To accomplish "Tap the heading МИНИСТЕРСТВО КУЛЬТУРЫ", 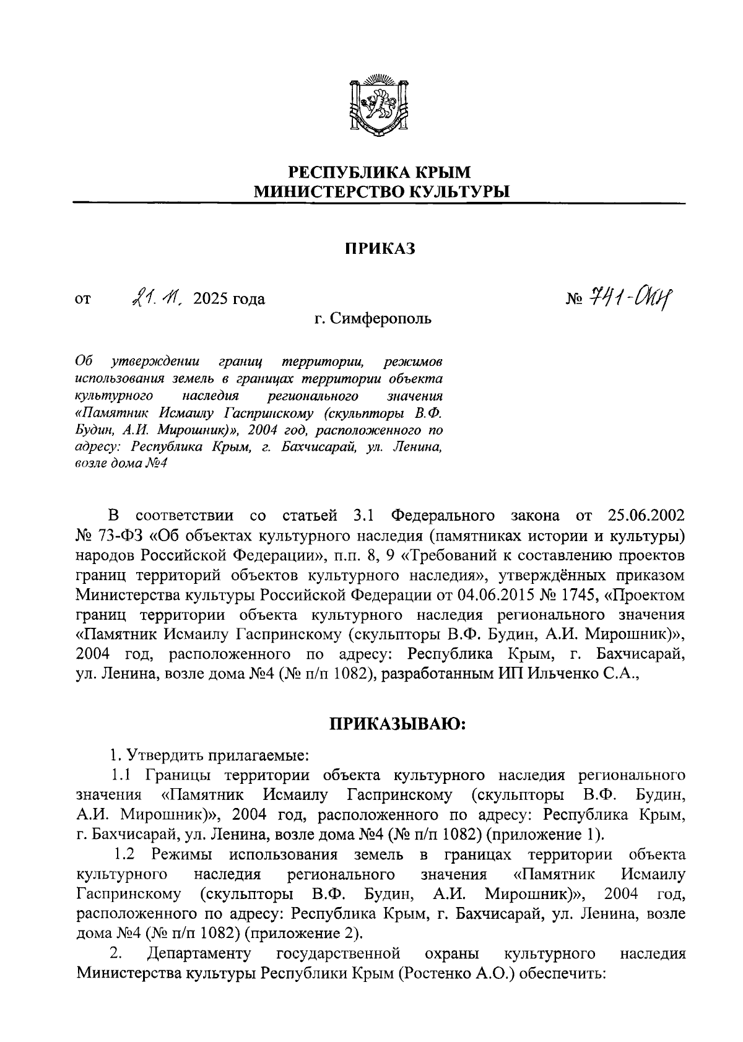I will click(x=380, y=192).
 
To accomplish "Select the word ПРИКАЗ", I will click(x=379, y=249).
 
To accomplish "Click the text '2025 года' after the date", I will click(x=229, y=300).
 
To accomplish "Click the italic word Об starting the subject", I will click(x=84, y=361).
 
